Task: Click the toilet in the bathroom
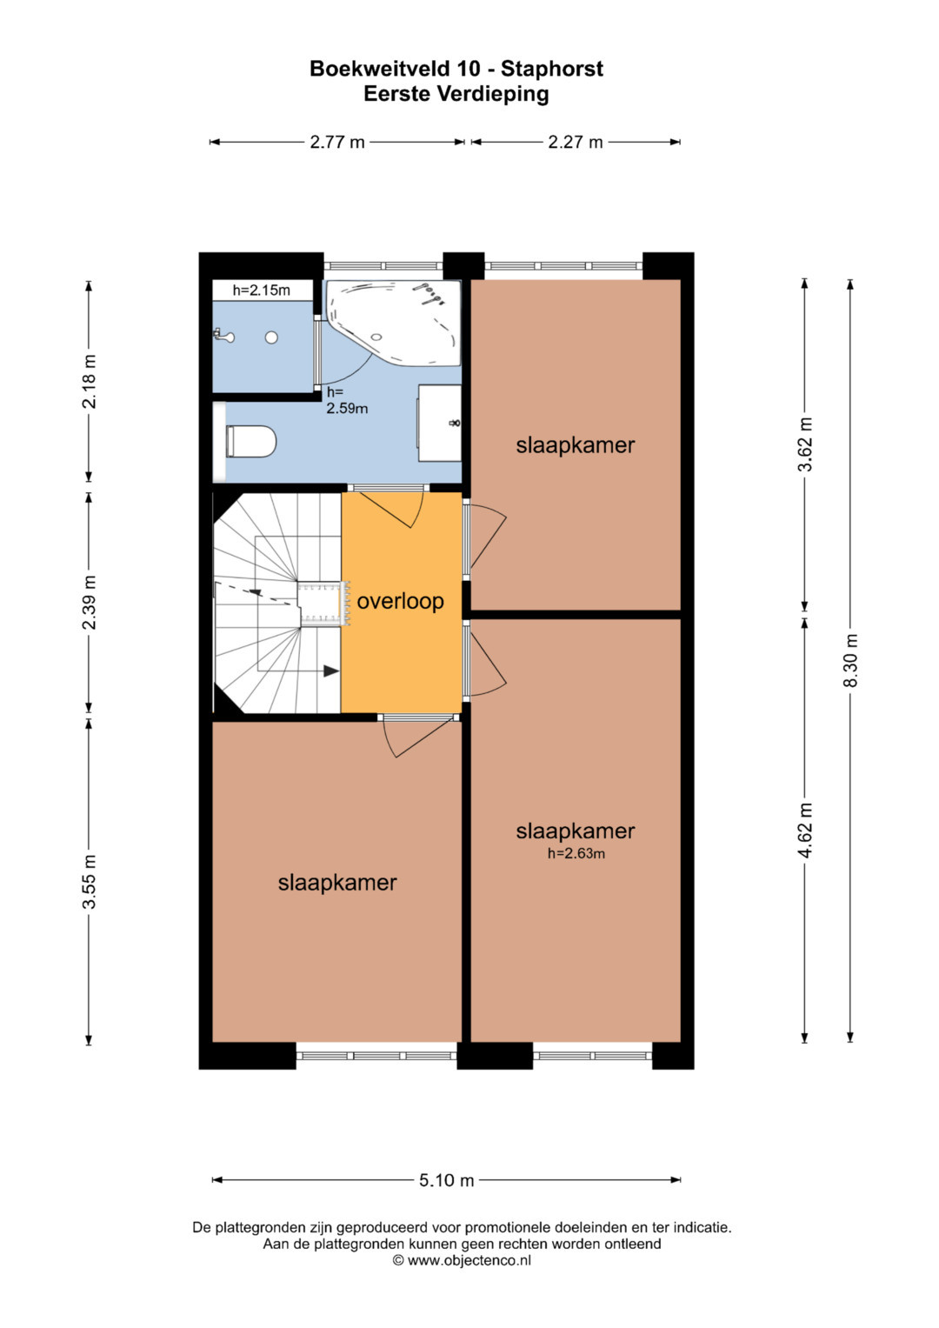point(250,442)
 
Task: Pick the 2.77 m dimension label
point(337,143)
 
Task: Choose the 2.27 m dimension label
point(575,143)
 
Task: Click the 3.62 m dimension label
point(805,444)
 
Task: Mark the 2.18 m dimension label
point(90,382)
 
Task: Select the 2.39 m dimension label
point(90,603)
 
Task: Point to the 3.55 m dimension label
point(90,882)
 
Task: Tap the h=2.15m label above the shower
point(262,290)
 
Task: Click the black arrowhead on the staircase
point(330,671)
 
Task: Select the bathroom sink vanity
point(440,423)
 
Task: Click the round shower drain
point(271,337)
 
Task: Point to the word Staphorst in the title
point(552,69)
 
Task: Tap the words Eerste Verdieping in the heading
point(456,95)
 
